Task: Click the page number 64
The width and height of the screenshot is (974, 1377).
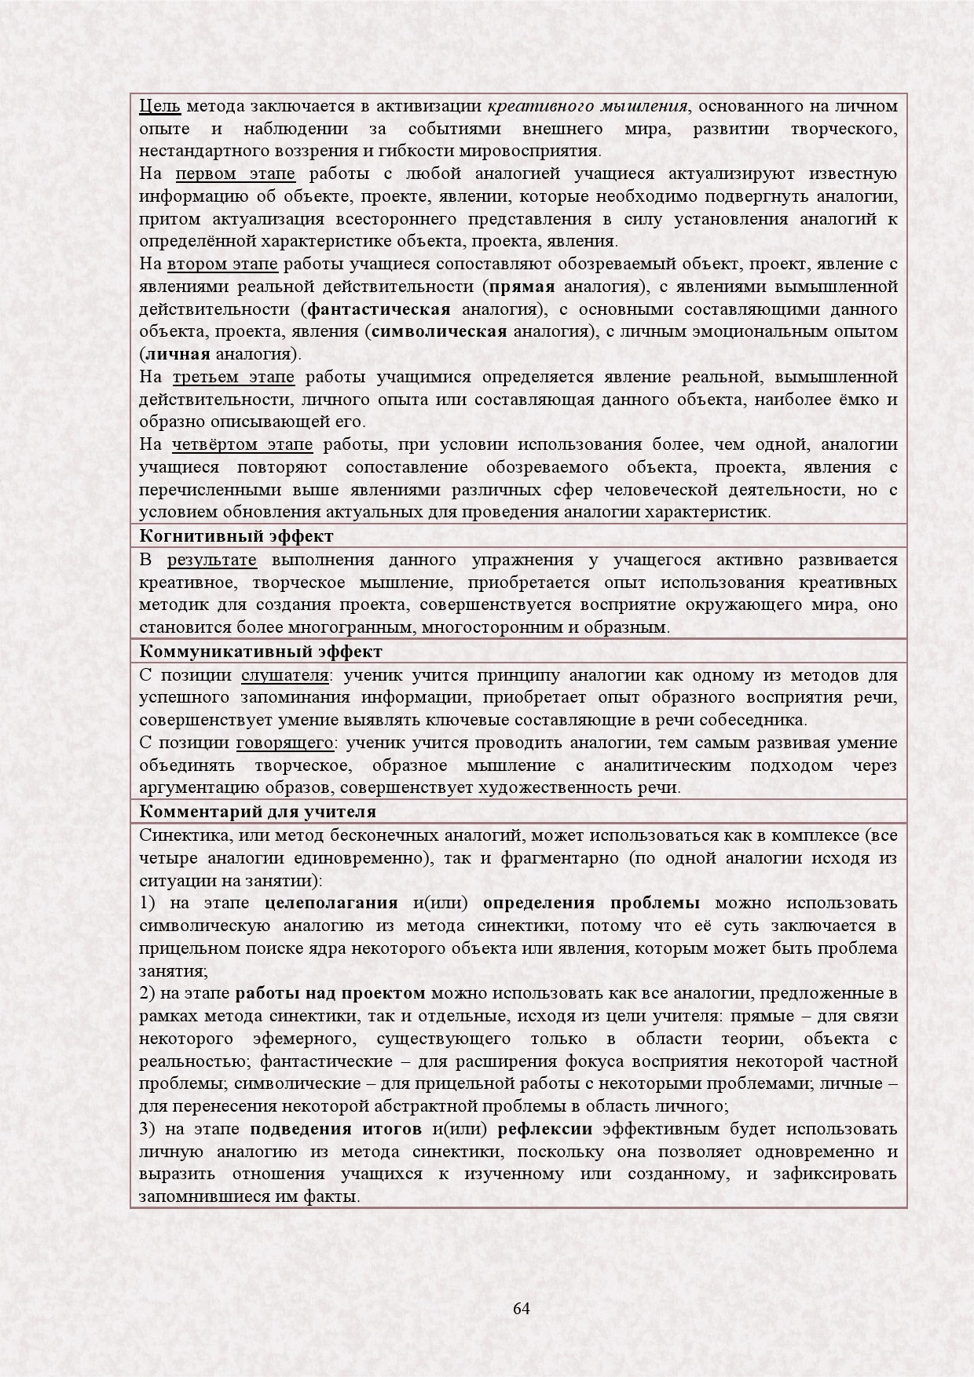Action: pos(521,1308)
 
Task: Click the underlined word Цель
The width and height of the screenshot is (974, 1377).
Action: pos(159,106)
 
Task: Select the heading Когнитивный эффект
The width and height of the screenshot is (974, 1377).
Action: pos(236,536)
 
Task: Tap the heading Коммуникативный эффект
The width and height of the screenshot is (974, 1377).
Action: pos(261,652)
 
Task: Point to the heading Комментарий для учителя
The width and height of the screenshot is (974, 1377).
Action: pos(258,811)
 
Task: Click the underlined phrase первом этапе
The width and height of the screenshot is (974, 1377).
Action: pos(235,173)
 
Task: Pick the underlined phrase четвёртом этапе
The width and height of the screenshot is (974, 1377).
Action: pos(242,445)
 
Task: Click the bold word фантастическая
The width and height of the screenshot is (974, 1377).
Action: pos(379,309)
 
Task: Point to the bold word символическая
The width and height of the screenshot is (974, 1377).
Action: pos(438,331)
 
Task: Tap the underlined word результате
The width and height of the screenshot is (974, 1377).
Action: pos(211,560)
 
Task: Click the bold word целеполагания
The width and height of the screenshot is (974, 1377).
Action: pos(333,902)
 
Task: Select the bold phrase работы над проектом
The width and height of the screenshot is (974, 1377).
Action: pos(330,993)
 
